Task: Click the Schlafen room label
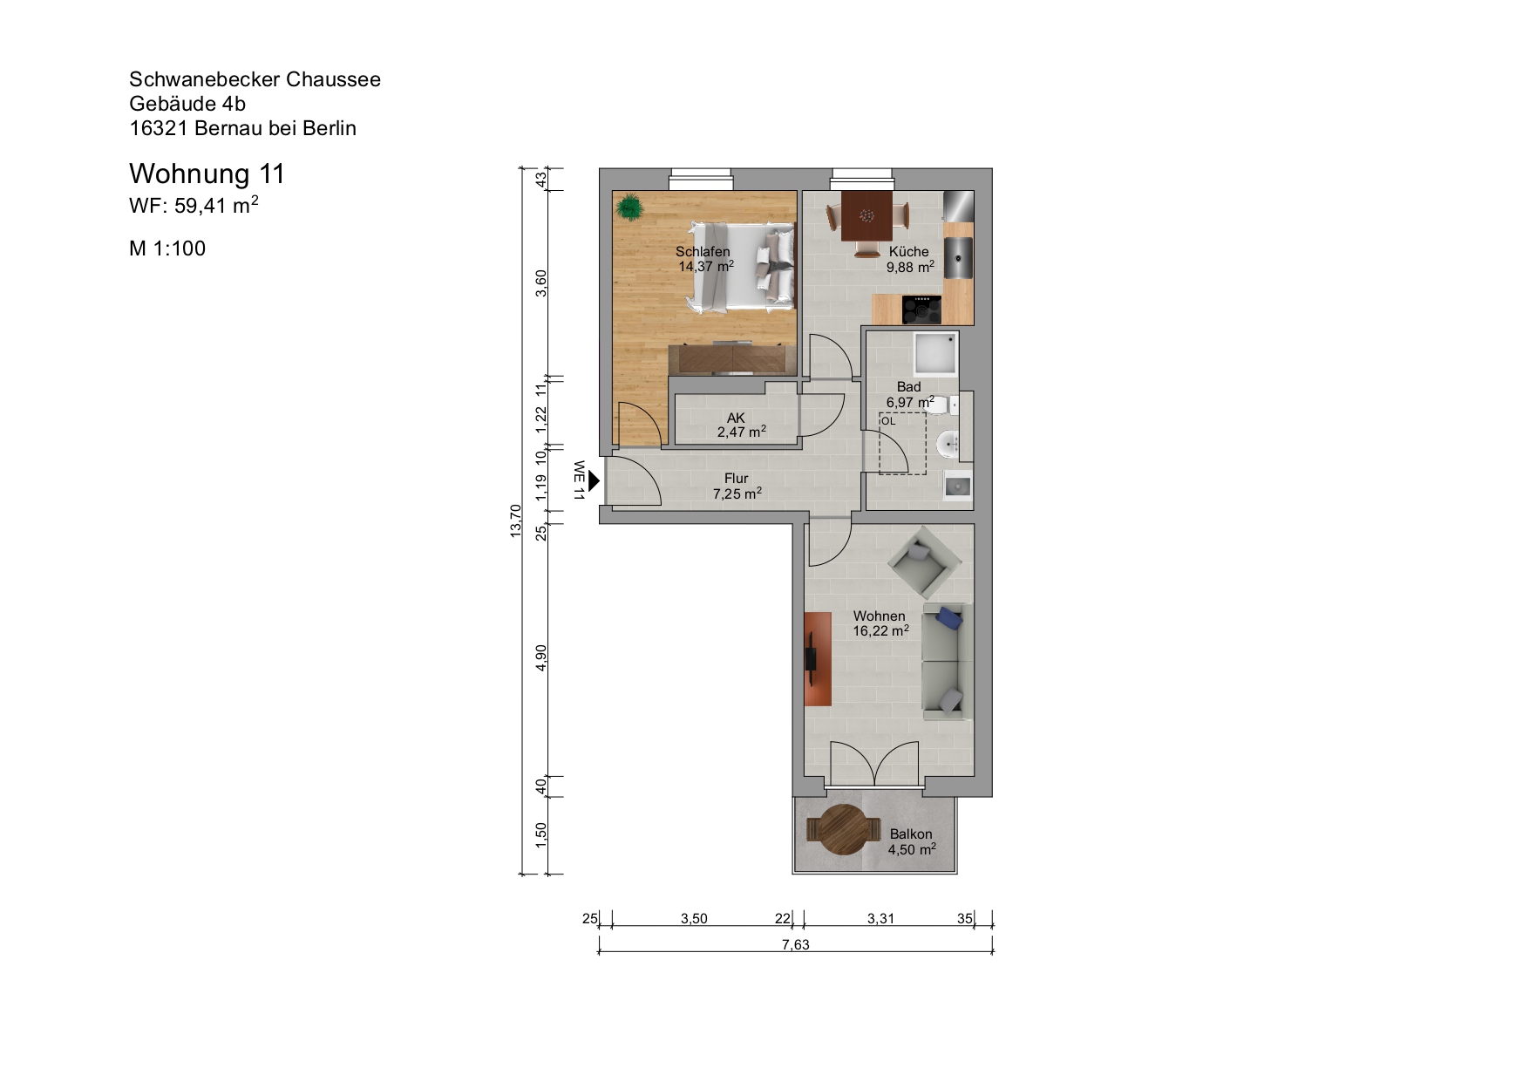click(703, 252)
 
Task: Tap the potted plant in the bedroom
click(629, 208)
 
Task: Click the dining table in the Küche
click(866, 215)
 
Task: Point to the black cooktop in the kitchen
click(921, 309)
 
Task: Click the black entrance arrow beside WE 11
click(594, 480)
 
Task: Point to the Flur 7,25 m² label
click(737, 486)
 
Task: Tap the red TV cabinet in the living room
click(817, 658)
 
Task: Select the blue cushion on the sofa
click(948, 620)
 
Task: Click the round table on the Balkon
click(839, 830)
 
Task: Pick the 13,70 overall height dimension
click(515, 521)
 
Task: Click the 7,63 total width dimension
click(795, 944)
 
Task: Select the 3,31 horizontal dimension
click(880, 918)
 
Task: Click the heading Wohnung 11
click(207, 174)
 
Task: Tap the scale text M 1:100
click(167, 248)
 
